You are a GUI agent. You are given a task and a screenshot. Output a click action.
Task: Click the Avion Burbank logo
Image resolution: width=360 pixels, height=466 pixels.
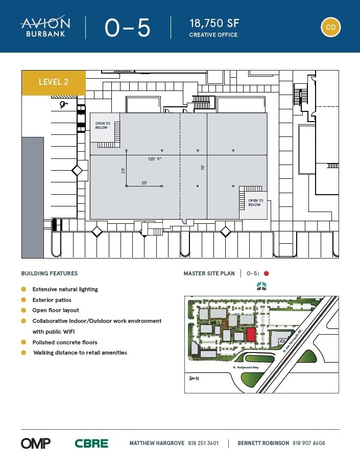pos(45,27)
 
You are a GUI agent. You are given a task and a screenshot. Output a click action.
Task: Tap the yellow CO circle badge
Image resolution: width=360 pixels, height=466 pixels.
pos(330,27)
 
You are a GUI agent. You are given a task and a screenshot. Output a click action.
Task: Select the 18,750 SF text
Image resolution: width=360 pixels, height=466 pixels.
pos(214,23)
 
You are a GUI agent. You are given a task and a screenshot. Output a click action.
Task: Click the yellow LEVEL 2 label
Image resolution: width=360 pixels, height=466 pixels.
pos(54,82)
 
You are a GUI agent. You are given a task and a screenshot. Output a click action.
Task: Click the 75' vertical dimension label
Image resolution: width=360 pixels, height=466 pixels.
pos(202,167)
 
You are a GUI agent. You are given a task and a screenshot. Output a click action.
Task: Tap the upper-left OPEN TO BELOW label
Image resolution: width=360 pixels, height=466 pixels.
pos(103,125)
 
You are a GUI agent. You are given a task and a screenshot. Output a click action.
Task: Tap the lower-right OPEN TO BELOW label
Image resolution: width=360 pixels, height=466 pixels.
pos(255,202)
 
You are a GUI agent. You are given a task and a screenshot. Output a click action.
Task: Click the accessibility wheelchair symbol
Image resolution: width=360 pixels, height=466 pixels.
pos(63,105)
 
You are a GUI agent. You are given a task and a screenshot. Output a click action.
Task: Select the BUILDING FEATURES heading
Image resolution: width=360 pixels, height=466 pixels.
pos(50,273)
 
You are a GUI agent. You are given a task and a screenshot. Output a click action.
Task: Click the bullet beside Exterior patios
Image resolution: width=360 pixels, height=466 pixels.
pos(23,300)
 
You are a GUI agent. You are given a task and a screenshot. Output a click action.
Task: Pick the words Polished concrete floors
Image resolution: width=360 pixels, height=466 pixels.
pos(65,342)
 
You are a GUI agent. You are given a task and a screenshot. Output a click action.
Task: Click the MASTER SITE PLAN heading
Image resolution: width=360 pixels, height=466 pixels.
pos(209,273)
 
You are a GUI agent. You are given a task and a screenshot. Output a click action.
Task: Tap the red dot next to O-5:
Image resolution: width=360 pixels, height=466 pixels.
pos(266,273)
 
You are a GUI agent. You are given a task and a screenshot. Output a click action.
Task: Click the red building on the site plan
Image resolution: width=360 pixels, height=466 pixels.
pos(251,335)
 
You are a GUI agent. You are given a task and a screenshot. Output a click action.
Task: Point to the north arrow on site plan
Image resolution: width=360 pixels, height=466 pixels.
pos(193,378)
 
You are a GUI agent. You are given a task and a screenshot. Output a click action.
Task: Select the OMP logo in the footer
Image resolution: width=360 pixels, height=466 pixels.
pos(36,443)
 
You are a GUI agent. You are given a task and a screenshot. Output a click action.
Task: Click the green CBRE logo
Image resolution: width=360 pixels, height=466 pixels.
pos(91,444)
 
